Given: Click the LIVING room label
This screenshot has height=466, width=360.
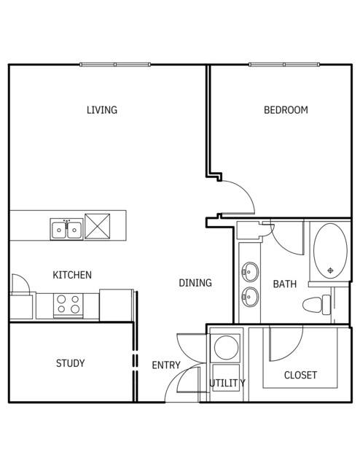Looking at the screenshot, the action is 102,110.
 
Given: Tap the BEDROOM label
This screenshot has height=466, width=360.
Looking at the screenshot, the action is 286,110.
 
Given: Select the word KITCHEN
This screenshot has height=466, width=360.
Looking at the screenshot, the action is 72,275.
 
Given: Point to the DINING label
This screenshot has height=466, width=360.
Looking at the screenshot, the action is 195,283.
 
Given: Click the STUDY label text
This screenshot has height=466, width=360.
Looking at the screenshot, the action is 71,363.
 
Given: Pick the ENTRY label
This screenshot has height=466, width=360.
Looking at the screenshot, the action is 166,365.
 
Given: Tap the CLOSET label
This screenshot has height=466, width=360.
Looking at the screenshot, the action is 300,375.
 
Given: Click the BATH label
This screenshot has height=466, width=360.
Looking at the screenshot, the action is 284,284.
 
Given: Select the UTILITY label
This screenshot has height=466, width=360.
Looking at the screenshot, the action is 227,383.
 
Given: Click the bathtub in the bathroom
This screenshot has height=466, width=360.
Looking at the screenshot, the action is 330,251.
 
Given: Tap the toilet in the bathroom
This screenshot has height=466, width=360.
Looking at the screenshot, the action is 316,305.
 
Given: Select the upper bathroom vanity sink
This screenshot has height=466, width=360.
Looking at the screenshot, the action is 250,271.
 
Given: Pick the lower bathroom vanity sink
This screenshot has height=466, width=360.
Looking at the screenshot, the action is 250,297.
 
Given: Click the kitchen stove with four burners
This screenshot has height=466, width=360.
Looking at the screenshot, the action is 69,306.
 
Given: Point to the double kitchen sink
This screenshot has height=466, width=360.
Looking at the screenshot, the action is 66,229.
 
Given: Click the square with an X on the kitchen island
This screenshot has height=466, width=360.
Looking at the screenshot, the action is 98,226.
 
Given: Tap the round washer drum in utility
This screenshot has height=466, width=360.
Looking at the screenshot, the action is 226,347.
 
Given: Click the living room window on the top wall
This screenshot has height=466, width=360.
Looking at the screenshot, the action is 115,64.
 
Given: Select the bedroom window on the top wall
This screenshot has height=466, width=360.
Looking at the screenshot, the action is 284,64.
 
